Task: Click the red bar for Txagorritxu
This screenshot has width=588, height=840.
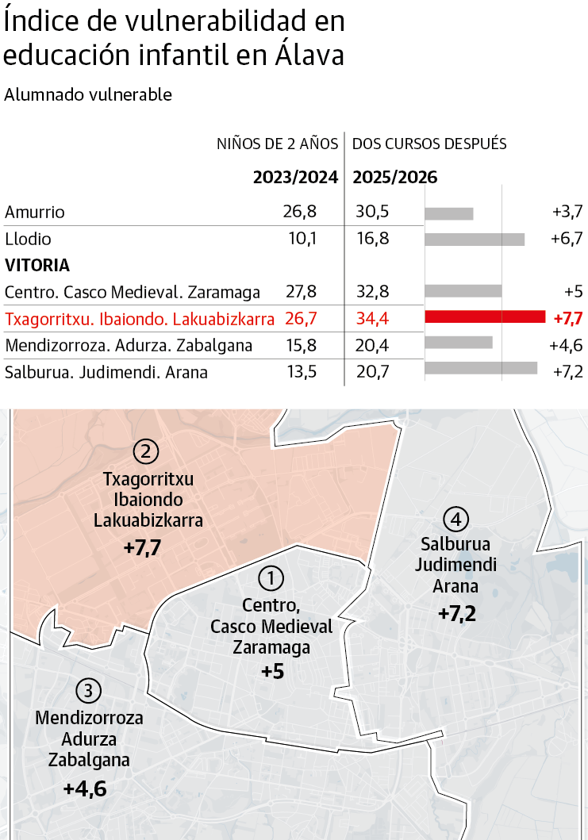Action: [485, 317]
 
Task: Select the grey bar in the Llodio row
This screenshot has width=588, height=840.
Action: [475, 239]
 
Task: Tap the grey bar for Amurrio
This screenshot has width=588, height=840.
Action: [448, 213]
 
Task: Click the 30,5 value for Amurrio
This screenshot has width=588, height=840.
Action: [372, 212]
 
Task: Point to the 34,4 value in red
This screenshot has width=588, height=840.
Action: [372, 319]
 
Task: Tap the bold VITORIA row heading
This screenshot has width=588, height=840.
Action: [37, 265]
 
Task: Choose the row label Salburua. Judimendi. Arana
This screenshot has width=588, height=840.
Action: [106, 371]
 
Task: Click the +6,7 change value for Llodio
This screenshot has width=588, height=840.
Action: [567, 239]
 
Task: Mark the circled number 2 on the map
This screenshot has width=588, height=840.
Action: [146, 452]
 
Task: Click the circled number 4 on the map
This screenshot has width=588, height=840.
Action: [455, 520]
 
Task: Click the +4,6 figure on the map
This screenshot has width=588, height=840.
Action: [84, 789]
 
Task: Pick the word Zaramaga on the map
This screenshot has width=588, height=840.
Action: [271, 646]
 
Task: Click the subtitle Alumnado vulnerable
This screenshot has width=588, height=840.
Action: [88, 94]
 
